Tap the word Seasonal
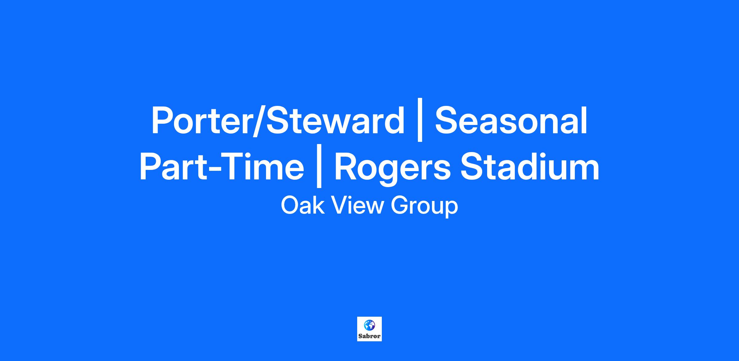511,120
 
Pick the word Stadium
530,166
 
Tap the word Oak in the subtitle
303,206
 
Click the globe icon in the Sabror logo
369,325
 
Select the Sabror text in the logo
369,336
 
